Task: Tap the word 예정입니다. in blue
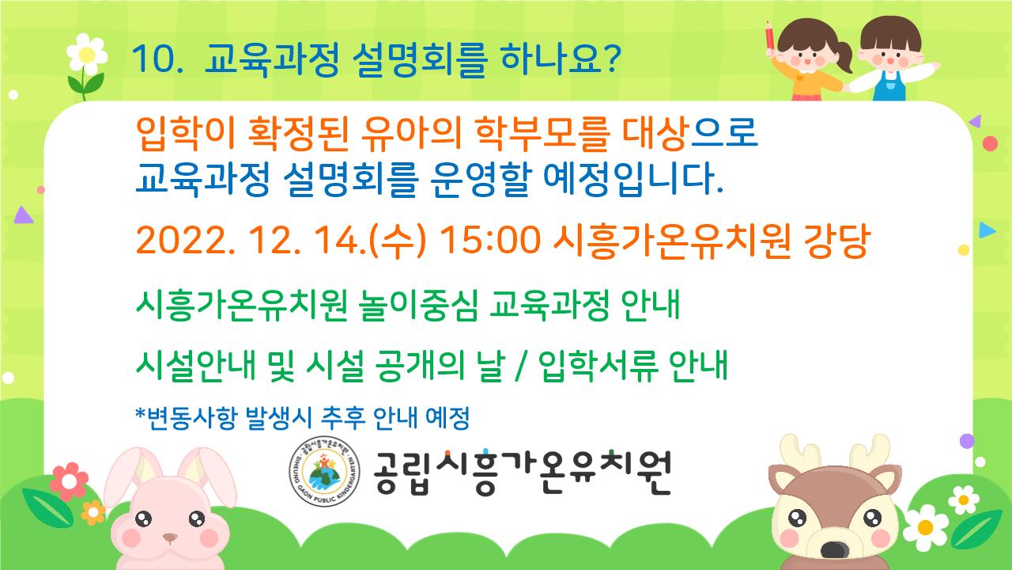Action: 633,180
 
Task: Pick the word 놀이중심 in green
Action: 418,305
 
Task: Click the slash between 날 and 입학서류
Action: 521,366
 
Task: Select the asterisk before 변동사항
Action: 141,413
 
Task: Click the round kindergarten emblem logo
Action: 324,471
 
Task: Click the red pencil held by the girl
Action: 770,36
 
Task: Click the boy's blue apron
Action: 889,87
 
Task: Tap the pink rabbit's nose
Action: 170,538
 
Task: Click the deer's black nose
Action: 834,550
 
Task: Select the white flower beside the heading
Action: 87,55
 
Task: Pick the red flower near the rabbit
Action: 69,481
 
